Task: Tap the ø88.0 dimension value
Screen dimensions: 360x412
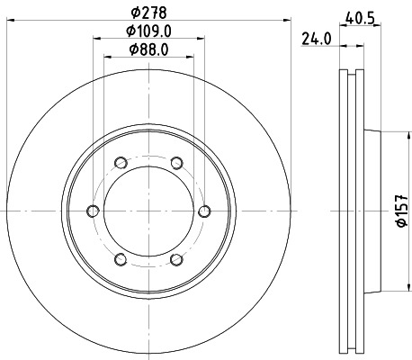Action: tap(148, 49)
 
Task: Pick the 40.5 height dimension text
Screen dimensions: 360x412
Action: tap(361, 13)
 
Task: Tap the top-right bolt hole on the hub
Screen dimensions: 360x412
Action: tap(176, 163)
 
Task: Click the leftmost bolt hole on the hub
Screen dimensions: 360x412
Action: tap(92, 211)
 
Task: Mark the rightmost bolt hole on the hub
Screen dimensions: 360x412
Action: tap(205, 211)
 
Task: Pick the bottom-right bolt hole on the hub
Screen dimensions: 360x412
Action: tap(176, 260)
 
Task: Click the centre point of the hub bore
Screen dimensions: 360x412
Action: tap(148, 211)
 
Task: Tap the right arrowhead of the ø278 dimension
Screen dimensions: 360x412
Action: tap(289, 22)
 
